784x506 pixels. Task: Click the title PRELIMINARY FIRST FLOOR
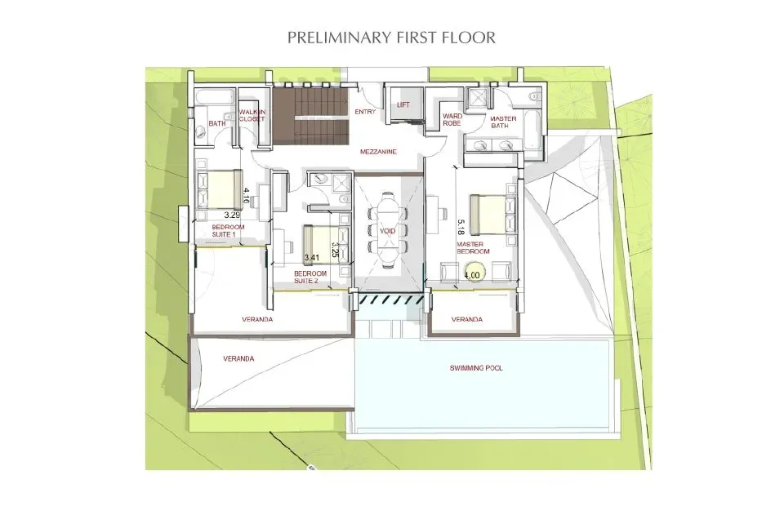click(392, 38)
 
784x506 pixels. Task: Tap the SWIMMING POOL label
click(476, 368)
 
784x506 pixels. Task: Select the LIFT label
click(403, 104)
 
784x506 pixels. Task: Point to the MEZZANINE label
click(378, 152)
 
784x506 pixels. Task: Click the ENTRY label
click(363, 113)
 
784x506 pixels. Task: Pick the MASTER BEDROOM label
click(474, 247)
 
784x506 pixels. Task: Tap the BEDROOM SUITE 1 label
click(223, 231)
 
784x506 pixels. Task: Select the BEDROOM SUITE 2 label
click(310, 277)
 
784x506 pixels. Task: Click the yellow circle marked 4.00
click(472, 275)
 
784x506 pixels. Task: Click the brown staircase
click(310, 114)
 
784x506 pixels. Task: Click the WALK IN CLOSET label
click(252, 116)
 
